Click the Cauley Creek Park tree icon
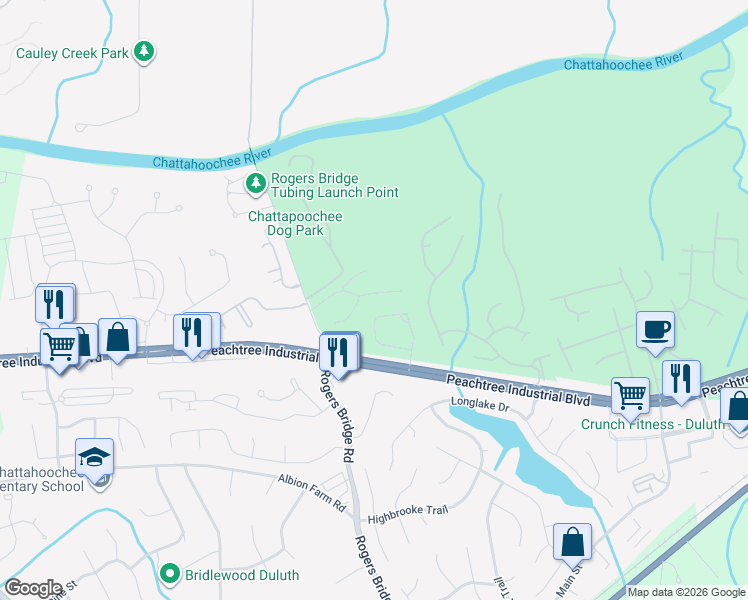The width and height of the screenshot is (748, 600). coord(145,52)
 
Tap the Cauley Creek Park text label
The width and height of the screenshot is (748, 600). coord(73,52)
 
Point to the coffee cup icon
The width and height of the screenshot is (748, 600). coord(655,330)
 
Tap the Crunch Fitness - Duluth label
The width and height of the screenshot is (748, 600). coord(653,423)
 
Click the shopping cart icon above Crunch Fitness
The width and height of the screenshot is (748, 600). coord(629,394)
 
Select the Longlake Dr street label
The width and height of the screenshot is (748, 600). coord(480,407)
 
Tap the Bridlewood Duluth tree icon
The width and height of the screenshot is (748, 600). coord(171,574)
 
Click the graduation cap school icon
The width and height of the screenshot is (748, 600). coord(94,457)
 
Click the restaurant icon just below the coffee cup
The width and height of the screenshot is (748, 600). coord(681,379)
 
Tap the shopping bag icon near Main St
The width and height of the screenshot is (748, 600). coord(572,542)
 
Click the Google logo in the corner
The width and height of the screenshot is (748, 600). coord(33,588)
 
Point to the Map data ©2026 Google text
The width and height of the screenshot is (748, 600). coord(686,592)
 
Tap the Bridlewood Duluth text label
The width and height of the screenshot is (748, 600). coord(241,574)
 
